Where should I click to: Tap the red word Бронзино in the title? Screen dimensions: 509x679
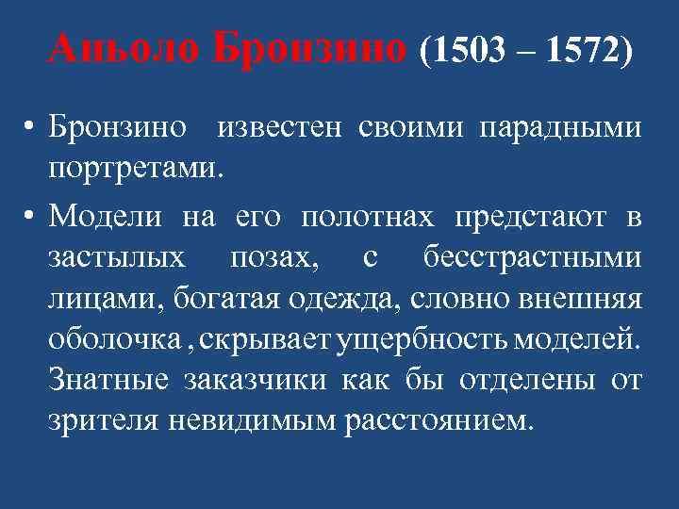(312, 46)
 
